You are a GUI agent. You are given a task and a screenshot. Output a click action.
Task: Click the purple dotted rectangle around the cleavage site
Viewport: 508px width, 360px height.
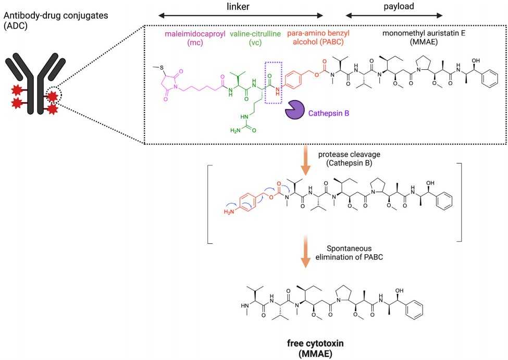(x=274, y=80)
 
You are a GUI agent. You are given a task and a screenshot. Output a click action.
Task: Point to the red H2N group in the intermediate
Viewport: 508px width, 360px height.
(x=229, y=212)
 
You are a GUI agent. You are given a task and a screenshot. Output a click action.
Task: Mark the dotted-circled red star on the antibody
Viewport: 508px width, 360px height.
(x=53, y=97)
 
